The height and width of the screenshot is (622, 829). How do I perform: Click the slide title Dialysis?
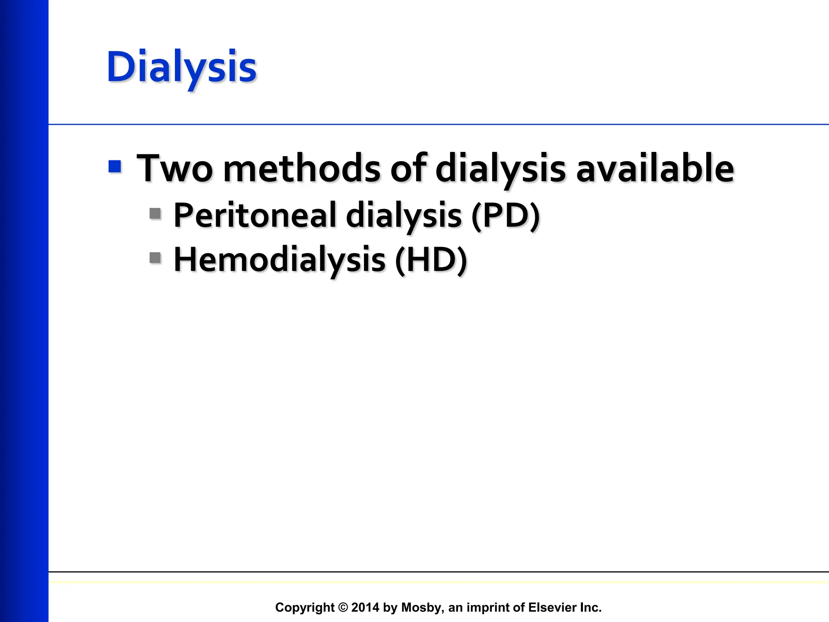(181, 67)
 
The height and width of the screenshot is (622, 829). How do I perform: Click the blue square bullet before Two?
(115, 166)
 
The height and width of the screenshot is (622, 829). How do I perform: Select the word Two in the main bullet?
(175, 168)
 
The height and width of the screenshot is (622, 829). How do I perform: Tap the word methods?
(302, 168)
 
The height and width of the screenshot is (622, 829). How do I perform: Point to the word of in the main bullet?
(408, 168)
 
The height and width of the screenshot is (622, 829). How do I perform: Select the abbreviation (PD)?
(506, 215)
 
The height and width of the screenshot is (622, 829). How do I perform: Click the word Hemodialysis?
(279, 260)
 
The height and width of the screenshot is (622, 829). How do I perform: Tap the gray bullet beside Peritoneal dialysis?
(155, 213)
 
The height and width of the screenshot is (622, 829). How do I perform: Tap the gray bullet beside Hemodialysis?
(155, 258)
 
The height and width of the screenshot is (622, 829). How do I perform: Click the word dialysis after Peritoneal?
(404, 215)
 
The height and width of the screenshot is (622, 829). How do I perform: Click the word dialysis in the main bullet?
(500, 168)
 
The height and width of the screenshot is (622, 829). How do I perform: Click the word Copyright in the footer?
(305, 607)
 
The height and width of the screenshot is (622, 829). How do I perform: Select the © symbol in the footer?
(343, 607)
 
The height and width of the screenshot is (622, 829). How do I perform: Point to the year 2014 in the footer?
(365, 607)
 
